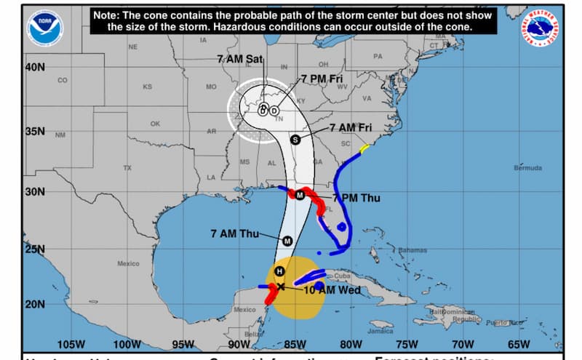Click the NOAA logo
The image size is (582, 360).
pyautogui.click(x=45, y=28)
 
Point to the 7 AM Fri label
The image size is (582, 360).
pyautogui.click(x=352, y=127)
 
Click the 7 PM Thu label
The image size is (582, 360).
pyautogui.click(x=356, y=198)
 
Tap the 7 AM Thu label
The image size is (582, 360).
pyautogui.click(x=234, y=233)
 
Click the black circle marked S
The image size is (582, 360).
pyautogui.click(x=295, y=140)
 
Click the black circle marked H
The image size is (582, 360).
pyautogui.click(x=279, y=272)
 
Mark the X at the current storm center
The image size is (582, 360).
pyautogui.click(x=281, y=287)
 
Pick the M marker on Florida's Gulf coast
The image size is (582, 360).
pyautogui.click(x=298, y=195)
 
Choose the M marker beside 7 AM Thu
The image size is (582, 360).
pyautogui.click(x=287, y=241)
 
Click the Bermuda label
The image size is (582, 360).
pyautogui.click(x=527, y=168)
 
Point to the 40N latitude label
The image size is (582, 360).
pyautogui.click(x=36, y=67)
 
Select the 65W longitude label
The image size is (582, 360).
pyautogui.click(x=519, y=344)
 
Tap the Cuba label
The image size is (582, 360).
pyautogui.click(x=343, y=276)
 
